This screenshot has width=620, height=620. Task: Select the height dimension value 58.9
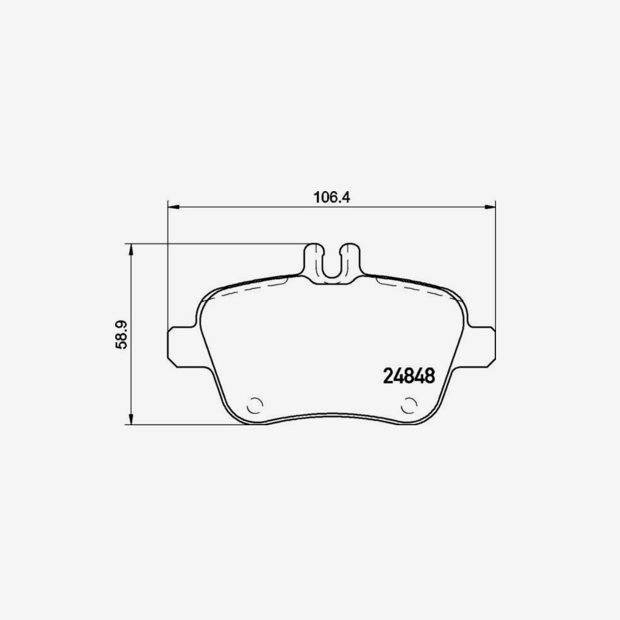click(122, 334)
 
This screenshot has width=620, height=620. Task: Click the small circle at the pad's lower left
click(255, 406)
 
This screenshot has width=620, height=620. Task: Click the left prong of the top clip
click(314, 258)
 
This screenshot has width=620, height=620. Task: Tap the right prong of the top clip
click(351, 258)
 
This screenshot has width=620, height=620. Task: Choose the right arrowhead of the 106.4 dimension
click(490, 208)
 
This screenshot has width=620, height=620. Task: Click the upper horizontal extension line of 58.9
click(217, 243)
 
